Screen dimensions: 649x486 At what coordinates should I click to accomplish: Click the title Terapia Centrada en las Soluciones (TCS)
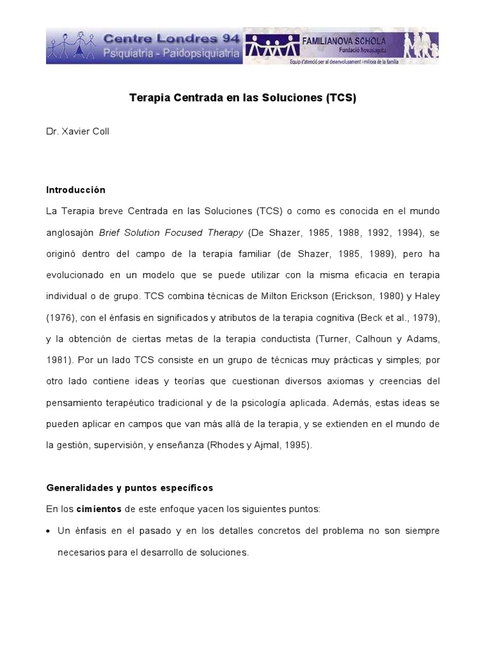click(243, 98)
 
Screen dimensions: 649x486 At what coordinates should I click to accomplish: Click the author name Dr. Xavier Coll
click(78, 132)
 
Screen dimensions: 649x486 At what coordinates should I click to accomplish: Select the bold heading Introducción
click(76, 190)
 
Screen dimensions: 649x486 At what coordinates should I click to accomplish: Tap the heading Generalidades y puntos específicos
click(130, 487)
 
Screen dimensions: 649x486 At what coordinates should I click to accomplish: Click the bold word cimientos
click(99, 509)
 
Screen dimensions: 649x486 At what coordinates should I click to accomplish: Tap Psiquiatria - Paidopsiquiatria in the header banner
click(172, 55)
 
